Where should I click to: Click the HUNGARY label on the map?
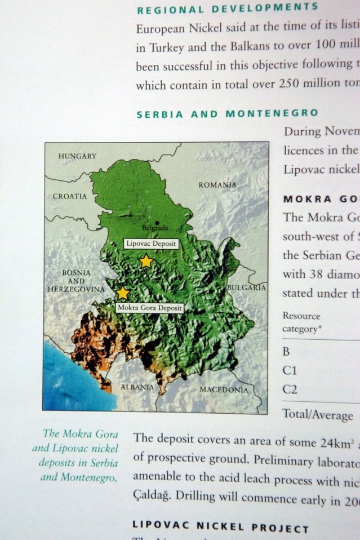(x=77, y=156)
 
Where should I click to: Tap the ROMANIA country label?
(x=217, y=184)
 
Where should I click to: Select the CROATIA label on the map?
(x=70, y=197)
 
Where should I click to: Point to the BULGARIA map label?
(x=246, y=287)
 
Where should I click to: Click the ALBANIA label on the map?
(x=137, y=387)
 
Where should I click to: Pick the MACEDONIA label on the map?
(x=224, y=389)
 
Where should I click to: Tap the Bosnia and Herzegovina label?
(x=76, y=281)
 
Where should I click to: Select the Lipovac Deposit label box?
(x=150, y=244)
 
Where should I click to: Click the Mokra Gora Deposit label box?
(x=149, y=308)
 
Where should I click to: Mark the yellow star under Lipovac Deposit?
(x=146, y=261)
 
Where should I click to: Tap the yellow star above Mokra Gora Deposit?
(x=122, y=293)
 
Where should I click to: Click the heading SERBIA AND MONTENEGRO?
(x=227, y=113)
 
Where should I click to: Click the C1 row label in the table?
(x=290, y=371)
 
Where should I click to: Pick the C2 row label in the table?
(x=290, y=389)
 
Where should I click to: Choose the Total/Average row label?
(x=318, y=415)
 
